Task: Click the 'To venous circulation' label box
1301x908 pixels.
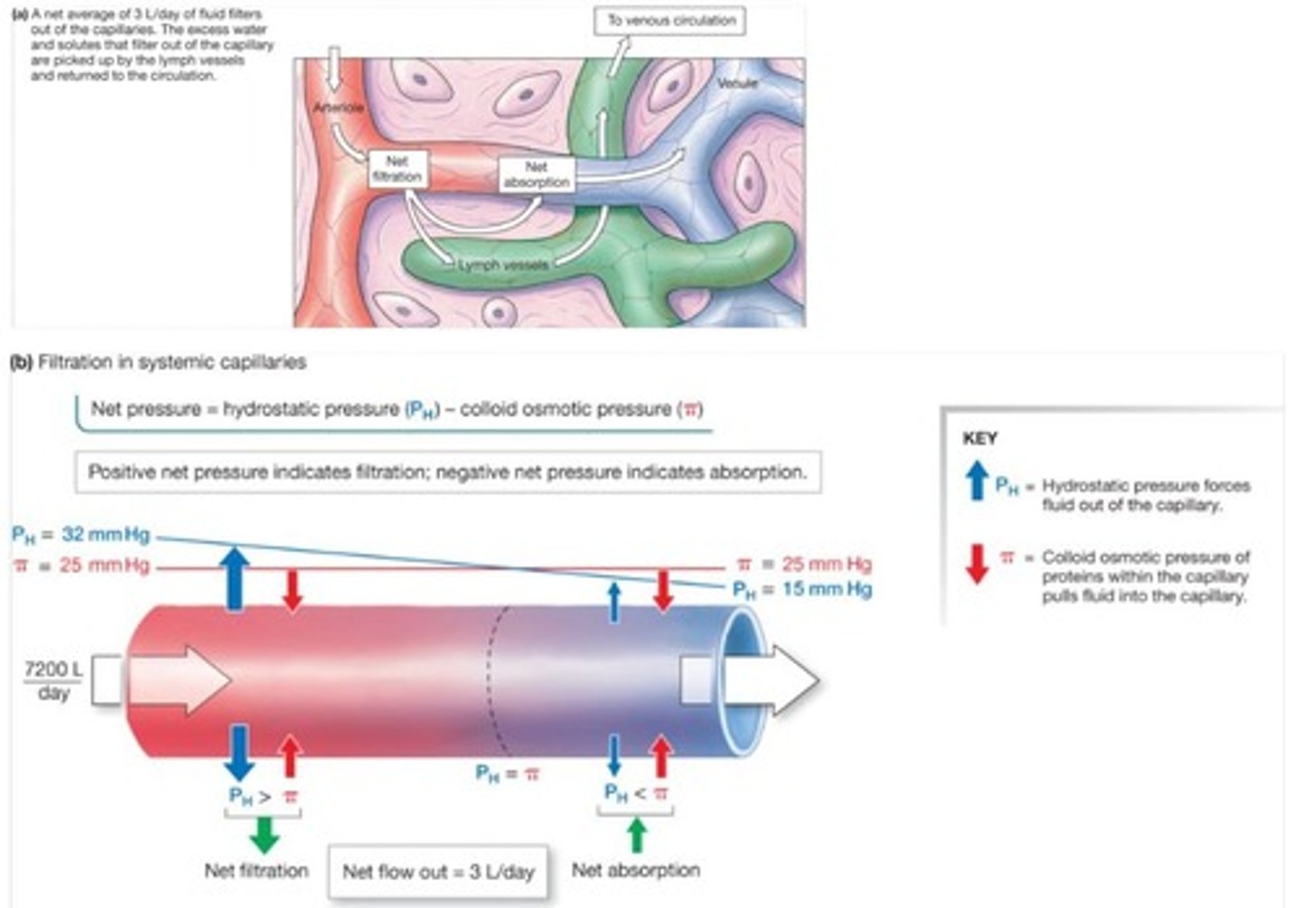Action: coord(669,20)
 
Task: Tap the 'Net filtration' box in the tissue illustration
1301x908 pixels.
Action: coord(398,169)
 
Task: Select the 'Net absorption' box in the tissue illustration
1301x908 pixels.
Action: coord(537,174)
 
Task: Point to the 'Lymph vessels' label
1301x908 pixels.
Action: coord(501,266)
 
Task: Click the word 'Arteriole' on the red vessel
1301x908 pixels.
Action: coord(339,108)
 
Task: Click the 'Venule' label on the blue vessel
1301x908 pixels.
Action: coord(737,83)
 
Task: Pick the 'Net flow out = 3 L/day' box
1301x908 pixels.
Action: coord(438,872)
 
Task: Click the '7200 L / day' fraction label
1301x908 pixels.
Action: coord(53,680)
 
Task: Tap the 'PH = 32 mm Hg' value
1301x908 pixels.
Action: coord(81,534)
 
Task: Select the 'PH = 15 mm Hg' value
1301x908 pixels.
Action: coord(802,589)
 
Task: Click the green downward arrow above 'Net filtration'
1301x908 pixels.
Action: coord(264,834)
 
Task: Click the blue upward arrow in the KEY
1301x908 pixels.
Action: coord(977,481)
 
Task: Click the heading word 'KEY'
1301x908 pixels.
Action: coord(980,438)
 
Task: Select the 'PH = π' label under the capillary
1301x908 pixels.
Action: coord(508,773)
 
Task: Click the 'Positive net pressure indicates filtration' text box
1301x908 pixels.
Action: coord(447,472)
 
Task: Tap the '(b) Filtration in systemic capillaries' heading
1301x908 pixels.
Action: coord(158,362)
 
